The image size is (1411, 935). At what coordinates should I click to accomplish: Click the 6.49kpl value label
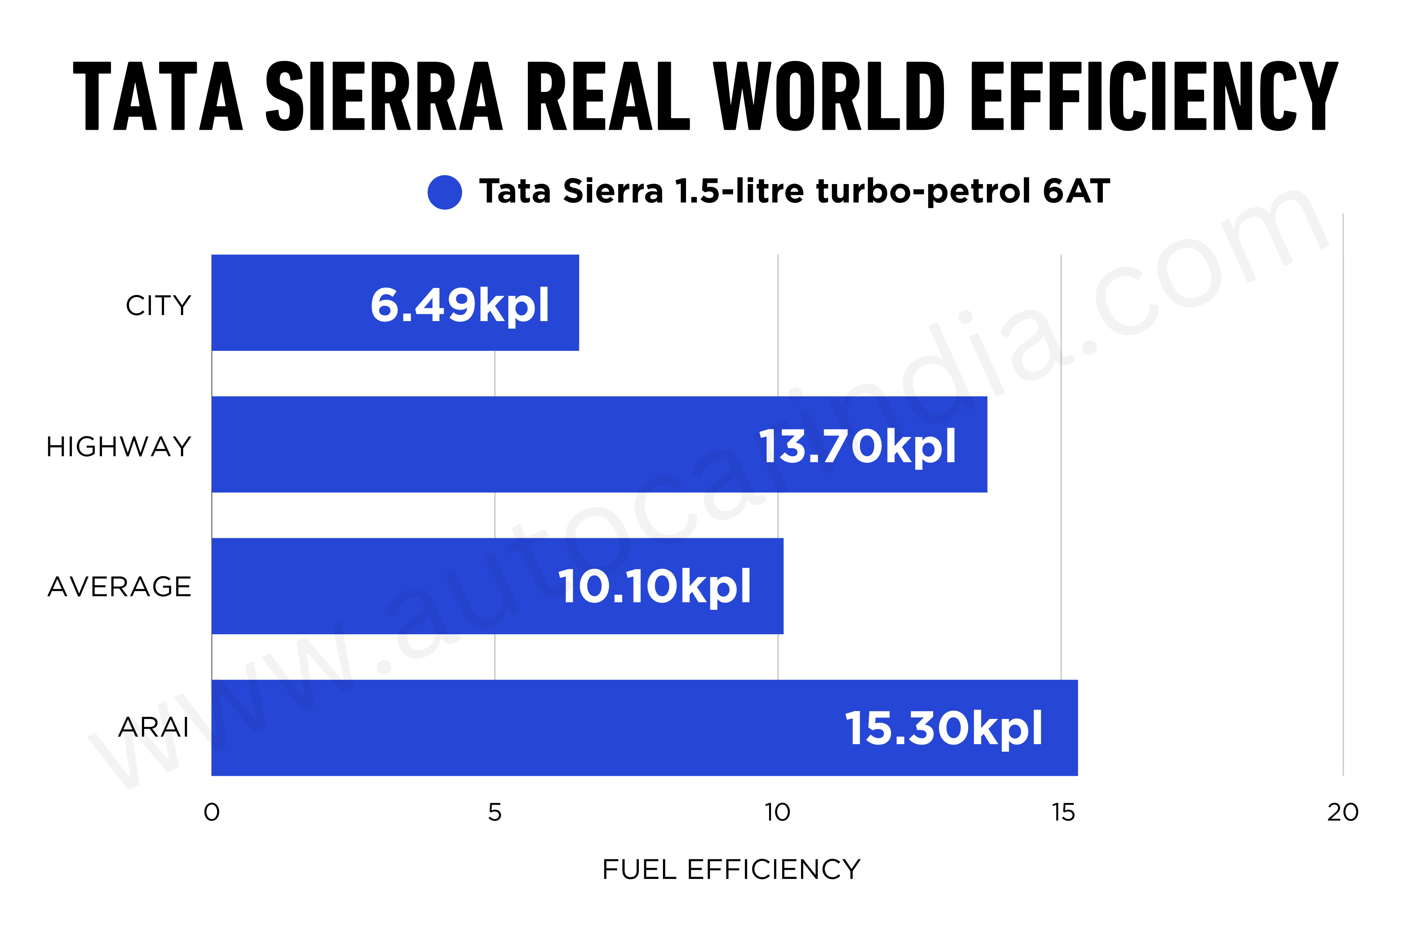click(459, 305)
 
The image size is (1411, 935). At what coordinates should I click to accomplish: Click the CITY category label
click(158, 305)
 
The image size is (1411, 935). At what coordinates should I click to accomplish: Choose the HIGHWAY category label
click(119, 447)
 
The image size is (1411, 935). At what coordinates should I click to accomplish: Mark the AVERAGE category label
click(119, 587)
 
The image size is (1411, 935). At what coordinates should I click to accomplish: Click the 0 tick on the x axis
click(211, 812)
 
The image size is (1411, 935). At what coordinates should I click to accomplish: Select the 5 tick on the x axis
click(495, 812)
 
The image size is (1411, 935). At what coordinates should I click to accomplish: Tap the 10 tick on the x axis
click(777, 812)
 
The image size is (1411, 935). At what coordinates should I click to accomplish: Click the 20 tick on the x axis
click(1343, 812)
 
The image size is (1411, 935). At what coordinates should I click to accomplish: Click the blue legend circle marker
click(445, 192)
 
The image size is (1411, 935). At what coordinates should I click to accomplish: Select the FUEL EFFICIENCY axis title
click(731, 870)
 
